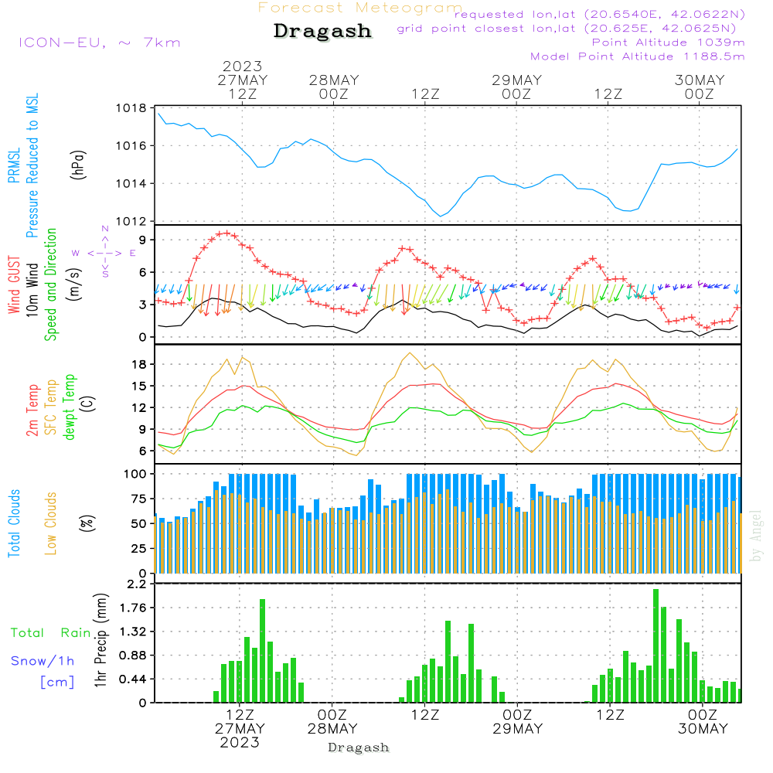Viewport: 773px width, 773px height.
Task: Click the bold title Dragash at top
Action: [322, 31]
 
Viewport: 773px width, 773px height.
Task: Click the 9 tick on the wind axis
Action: [143, 240]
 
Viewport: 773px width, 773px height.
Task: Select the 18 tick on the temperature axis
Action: [140, 364]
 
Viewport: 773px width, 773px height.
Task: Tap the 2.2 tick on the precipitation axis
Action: [136, 584]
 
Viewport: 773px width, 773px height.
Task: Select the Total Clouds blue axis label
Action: [14, 523]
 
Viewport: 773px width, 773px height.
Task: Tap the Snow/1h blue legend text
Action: [43, 661]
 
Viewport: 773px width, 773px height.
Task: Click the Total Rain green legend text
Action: [50, 633]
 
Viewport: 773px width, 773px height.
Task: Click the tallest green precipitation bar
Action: [656, 645]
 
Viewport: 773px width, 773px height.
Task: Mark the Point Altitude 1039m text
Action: [668, 42]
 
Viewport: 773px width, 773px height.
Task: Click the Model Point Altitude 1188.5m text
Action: [637, 56]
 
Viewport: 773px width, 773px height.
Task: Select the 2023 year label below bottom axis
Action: [240, 743]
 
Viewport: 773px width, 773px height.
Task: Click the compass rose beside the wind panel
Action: [104, 253]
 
